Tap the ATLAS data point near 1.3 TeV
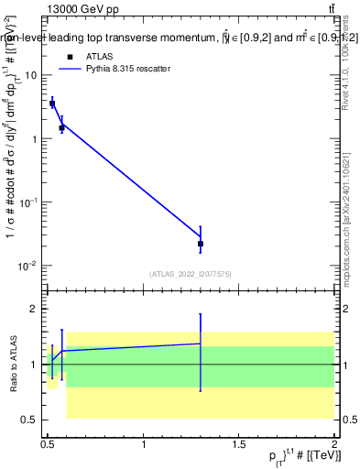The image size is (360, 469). tap(201, 244)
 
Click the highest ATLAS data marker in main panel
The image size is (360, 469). tap(52, 104)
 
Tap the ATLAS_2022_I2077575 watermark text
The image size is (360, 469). tap(191, 273)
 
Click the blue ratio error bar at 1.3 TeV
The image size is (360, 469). tap(201, 353)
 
